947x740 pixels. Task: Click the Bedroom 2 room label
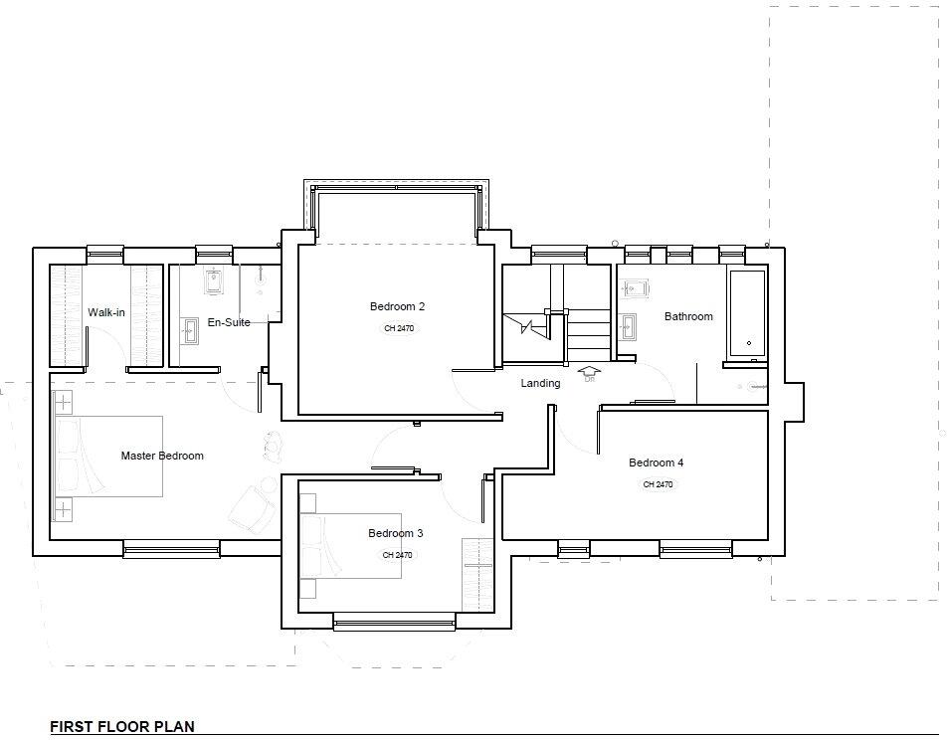[x=397, y=306]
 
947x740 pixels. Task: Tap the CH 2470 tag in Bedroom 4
[x=658, y=484]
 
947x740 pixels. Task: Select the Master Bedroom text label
[x=162, y=456]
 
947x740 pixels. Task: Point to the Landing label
[x=540, y=383]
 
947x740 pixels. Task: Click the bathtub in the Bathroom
[x=747, y=313]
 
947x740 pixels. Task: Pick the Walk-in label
[x=106, y=312]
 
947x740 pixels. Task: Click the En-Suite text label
[x=229, y=322]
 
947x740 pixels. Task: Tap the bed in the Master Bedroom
[x=107, y=457]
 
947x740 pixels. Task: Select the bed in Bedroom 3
[x=350, y=559]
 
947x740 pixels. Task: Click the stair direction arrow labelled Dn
[x=589, y=374]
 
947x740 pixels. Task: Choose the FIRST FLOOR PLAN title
[x=122, y=727]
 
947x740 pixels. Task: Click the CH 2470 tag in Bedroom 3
[x=397, y=555]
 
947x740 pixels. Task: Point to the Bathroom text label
[x=688, y=316]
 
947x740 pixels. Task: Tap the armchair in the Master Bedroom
[x=251, y=509]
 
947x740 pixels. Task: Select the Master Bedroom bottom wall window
[x=171, y=547]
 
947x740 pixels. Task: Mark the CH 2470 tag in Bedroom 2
[x=398, y=328]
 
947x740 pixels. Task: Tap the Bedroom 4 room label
[x=656, y=462]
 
